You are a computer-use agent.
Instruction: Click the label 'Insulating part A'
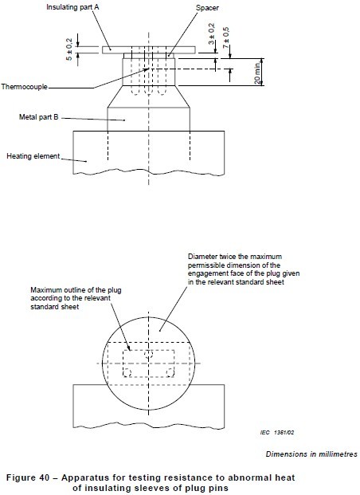pos(72,7)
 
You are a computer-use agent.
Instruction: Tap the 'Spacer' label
pos(207,8)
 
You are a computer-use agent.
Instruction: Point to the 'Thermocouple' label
pos(24,87)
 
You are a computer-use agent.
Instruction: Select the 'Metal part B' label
pos(39,117)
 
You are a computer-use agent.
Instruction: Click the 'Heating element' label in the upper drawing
pos(33,156)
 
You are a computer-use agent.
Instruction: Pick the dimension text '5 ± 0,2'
pos(69,49)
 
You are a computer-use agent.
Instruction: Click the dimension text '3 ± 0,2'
pos(211,33)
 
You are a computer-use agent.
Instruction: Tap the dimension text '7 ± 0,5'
pos(226,37)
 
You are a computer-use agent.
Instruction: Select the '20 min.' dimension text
pos(258,73)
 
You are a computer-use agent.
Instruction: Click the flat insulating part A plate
pos(149,50)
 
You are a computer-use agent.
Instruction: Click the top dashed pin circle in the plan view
pos(149,354)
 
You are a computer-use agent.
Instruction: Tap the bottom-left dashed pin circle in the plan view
pos(127,372)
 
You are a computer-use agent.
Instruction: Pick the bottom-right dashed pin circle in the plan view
pos(170,372)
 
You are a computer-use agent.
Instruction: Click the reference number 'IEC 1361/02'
pos(277,432)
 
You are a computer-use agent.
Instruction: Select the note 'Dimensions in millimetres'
pos(311,454)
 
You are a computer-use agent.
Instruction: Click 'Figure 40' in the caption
pos(28,477)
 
